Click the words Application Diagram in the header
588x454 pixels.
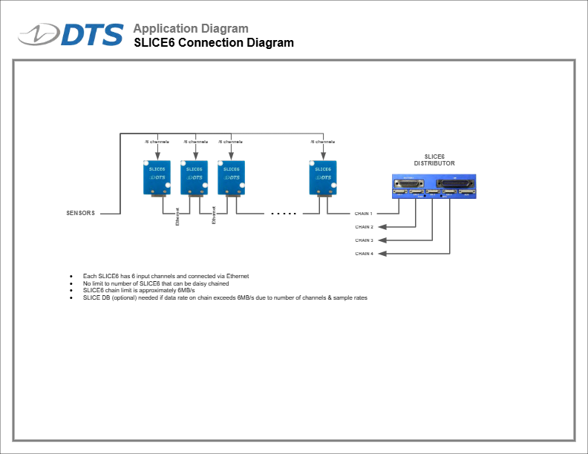191,29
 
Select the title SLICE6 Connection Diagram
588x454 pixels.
214,43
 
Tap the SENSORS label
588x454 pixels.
81,213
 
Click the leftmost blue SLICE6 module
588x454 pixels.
157,178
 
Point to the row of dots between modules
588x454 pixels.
284,214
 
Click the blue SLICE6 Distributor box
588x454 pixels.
434,186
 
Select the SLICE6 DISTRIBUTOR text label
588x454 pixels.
434,159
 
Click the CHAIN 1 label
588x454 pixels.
364,214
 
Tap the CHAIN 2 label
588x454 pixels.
364,227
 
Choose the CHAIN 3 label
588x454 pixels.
364,240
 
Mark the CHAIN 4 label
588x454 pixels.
364,254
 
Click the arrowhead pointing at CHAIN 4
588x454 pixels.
382,254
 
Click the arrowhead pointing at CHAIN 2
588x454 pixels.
382,227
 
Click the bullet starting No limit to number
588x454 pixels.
156,283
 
